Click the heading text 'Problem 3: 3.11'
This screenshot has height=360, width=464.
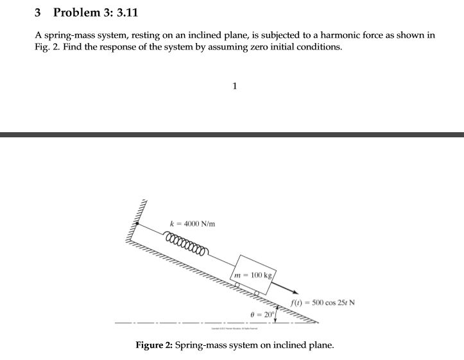pos(96,12)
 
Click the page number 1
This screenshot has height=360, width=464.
pos(236,85)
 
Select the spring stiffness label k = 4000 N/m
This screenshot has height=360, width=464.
pos(191,223)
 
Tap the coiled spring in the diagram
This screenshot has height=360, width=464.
pos(187,244)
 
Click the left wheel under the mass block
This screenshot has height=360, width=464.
pos(236,283)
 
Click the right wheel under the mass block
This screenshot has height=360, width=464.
pos(258,293)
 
